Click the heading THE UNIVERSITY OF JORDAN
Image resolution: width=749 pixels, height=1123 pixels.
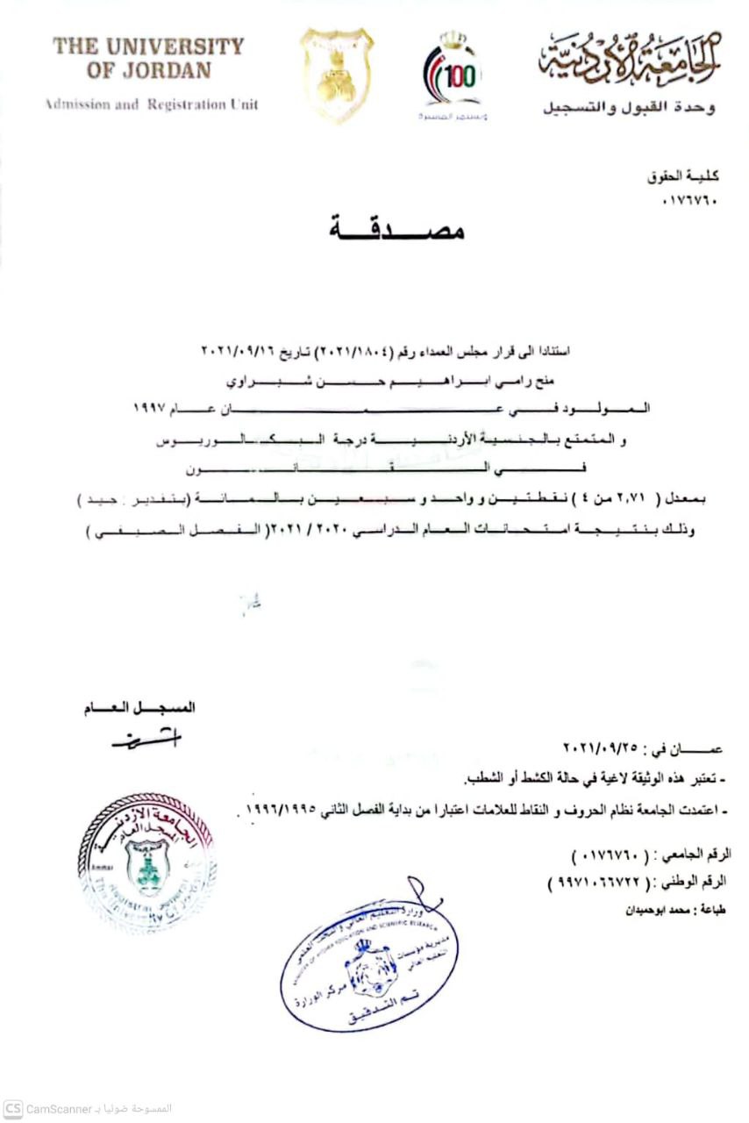pos(147,58)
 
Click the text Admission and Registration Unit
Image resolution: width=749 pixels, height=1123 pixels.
pos(151,104)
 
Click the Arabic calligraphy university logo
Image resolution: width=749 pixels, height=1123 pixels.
pos(630,55)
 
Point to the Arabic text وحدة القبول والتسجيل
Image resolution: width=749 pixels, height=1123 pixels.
pos(628,109)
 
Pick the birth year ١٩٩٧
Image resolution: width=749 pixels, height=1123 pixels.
pos(151,408)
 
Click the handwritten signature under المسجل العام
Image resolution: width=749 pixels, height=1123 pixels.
pos(145,740)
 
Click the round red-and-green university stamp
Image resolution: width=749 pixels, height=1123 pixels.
pos(146,862)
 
